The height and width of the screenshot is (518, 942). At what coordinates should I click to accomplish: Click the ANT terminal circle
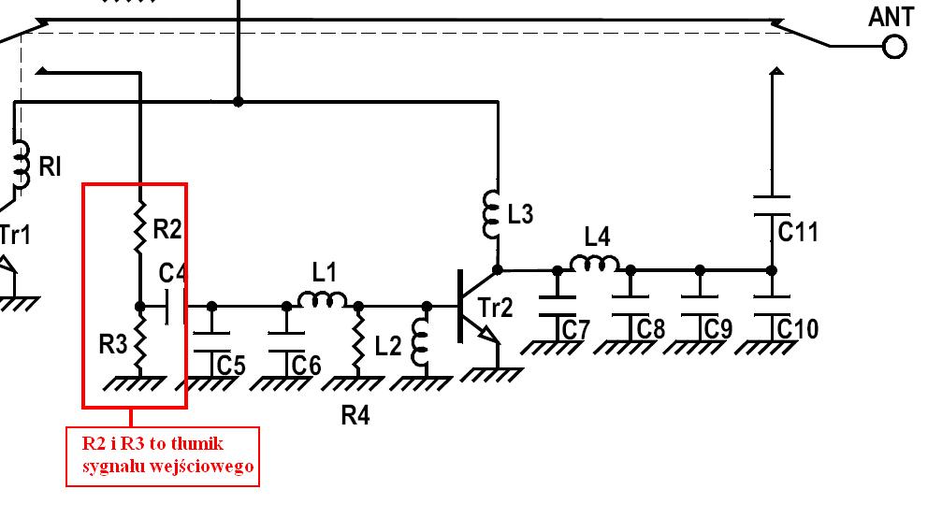point(894,47)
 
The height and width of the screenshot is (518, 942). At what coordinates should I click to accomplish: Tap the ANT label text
point(891,17)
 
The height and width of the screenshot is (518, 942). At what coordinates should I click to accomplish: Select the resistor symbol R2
point(140,226)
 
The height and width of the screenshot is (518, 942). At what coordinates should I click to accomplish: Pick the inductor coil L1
point(323,299)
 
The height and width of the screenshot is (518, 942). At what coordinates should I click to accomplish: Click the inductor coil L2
point(420,344)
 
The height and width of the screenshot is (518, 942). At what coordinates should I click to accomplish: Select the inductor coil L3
point(491,213)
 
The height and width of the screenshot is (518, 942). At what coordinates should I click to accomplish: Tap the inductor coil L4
point(594,264)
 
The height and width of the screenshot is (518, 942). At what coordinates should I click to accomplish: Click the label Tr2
point(496,308)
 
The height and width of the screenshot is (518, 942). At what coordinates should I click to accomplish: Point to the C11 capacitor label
point(798,231)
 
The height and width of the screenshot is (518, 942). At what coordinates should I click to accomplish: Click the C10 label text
point(798,328)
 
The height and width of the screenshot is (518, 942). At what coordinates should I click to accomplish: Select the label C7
point(575,329)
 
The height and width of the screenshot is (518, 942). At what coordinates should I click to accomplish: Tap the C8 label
point(651,329)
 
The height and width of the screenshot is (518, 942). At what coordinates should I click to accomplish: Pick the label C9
point(718,329)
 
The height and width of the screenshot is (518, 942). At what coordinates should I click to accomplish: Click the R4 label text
point(355,415)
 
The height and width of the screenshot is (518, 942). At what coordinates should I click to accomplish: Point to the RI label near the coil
point(50,166)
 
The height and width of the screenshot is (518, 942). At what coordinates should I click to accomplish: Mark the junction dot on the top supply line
point(239,101)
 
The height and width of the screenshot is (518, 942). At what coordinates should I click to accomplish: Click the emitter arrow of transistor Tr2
point(491,335)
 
